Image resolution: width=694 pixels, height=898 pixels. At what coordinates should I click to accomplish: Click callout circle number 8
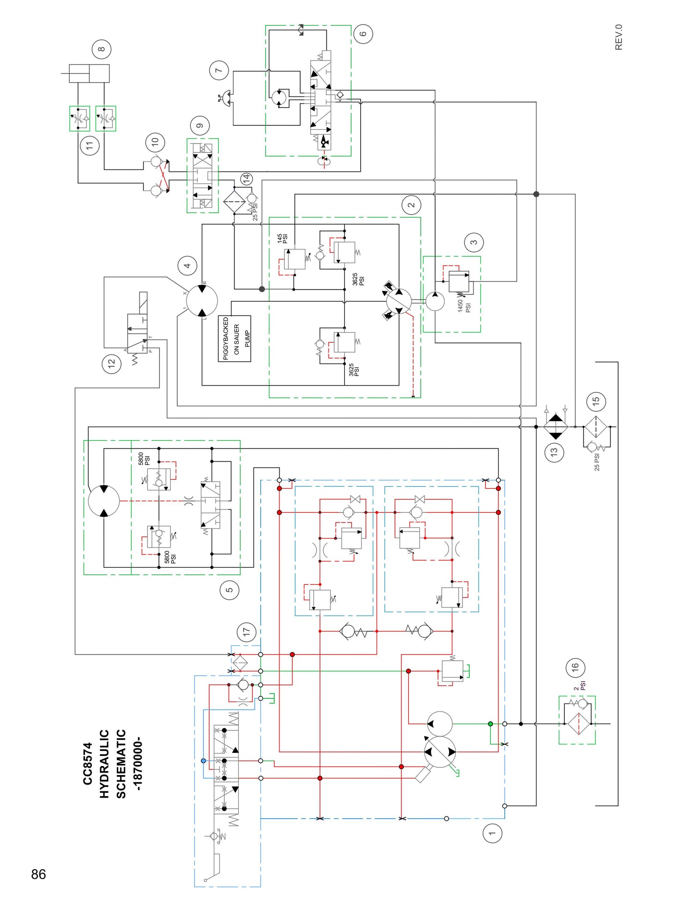[101, 49]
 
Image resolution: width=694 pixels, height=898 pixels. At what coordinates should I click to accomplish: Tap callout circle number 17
[246, 631]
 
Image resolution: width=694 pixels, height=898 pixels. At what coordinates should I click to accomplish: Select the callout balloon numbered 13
[554, 452]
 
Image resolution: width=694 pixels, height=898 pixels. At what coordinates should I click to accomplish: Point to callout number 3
[474, 242]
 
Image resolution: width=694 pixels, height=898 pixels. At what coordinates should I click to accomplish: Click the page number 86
[38, 874]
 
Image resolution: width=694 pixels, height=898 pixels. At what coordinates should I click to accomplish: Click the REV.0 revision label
[619, 37]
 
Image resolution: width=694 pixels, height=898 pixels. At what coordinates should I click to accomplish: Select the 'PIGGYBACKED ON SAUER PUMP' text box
[234, 339]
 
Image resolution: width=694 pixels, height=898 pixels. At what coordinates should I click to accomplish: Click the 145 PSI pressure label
[282, 238]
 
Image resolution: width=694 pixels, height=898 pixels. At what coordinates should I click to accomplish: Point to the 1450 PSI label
[463, 306]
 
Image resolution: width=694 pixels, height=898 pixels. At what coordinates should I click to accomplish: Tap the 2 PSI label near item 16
[580, 685]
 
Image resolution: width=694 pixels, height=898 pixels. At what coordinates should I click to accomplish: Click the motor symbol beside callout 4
[202, 301]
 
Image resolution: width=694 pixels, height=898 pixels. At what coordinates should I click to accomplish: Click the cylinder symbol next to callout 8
[89, 73]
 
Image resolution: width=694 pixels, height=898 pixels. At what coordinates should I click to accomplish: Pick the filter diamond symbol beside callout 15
[596, 427]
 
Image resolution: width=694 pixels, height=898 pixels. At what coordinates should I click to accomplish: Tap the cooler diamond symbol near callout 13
[555, 426]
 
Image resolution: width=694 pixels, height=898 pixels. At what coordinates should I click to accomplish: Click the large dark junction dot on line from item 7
[536, 194]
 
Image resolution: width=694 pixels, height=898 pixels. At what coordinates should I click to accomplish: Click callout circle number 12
[112, 364]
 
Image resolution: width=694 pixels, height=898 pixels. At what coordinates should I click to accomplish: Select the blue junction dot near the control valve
[204, 761]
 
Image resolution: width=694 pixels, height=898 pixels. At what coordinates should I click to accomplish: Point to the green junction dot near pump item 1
[490, 724]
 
